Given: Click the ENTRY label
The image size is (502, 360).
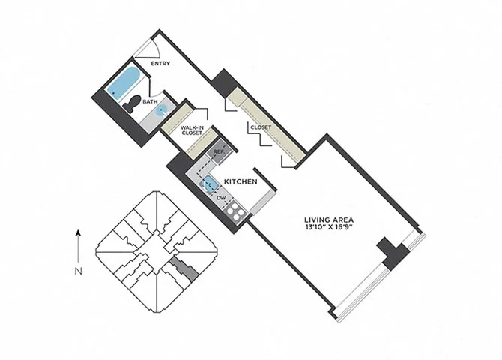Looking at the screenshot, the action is (160, 64).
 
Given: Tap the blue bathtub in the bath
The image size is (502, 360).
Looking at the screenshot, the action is (124, 82).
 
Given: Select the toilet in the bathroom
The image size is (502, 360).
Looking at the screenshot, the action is (132, 103).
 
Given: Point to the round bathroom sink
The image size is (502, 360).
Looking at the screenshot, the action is (162, 110).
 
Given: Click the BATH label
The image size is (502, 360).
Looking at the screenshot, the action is (150, 101).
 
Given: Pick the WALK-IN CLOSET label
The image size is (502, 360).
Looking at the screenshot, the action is (192, 130).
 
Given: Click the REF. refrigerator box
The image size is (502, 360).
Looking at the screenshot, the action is (219, 151).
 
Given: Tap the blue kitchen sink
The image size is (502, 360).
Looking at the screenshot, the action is (208, 185).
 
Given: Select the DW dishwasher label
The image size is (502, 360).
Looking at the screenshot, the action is (221, 198).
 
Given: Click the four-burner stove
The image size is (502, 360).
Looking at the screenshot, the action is (235, 211).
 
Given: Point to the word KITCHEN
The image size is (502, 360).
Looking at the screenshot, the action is (241, 181).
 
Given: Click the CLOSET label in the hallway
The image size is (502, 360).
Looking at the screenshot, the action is (261, 127).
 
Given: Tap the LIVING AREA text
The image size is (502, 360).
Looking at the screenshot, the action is (329, 220).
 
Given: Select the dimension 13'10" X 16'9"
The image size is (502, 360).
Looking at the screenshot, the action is (329, 227).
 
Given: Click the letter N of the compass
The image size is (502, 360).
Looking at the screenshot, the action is (79, 271).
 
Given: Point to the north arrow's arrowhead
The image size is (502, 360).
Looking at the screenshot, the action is (78, 232).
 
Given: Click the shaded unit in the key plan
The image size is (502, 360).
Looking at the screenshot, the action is (185, 268).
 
